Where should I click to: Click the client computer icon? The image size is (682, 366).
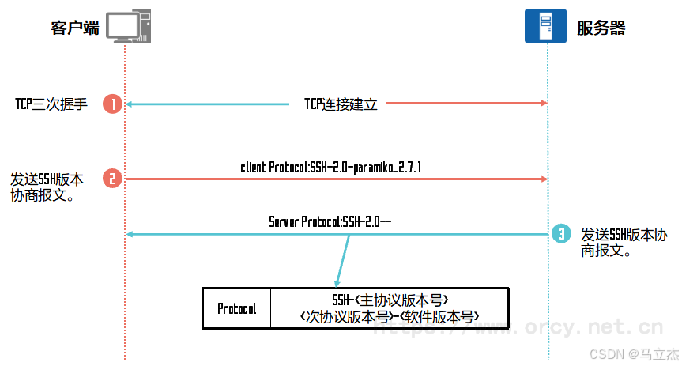(129, 26)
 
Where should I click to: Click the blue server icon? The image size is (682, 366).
(545, 25)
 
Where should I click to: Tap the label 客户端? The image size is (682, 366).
(75, 28)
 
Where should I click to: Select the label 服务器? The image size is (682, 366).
(601, 28)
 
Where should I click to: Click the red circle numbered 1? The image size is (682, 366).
(113, 104)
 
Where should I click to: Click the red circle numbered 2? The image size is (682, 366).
(113, 179)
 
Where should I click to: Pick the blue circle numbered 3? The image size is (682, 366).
(561, 234)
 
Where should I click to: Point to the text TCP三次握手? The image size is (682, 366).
(51, 104)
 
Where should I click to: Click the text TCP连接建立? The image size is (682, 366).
(341, 104)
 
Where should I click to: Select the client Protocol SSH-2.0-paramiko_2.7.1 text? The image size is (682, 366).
(331, 167)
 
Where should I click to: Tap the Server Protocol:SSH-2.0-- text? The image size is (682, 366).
(330, 221)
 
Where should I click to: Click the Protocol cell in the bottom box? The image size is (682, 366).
(236, 308)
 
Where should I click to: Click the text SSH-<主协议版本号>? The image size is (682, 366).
(390, 300)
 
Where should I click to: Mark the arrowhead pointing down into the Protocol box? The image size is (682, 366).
(337, 283)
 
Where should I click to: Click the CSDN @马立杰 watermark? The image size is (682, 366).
(634, 354)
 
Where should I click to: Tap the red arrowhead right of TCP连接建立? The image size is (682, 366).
(544, 103)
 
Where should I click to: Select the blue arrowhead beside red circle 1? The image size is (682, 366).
(129, 104)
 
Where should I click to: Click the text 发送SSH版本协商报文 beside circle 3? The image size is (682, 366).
(624, 243)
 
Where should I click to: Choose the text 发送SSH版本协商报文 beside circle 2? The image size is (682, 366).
(47, 187)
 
